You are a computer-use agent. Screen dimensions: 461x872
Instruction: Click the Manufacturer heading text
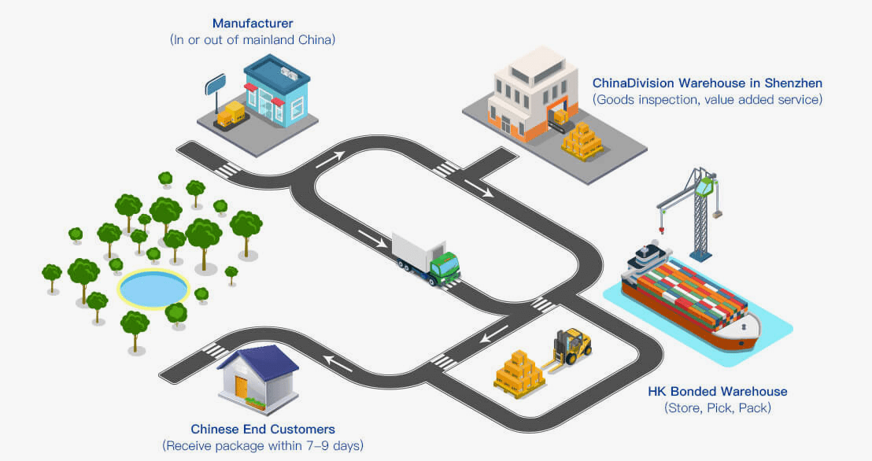coord(253,23)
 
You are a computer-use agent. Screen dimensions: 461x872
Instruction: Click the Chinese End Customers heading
coord(263,430)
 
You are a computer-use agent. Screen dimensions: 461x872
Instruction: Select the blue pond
coord(153,289)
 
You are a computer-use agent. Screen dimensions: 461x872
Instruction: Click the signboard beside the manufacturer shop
coord(216,83)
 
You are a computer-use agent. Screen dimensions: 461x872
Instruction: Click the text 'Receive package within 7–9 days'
coord(263,446)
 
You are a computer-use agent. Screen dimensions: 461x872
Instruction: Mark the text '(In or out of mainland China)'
coord(253,39)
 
